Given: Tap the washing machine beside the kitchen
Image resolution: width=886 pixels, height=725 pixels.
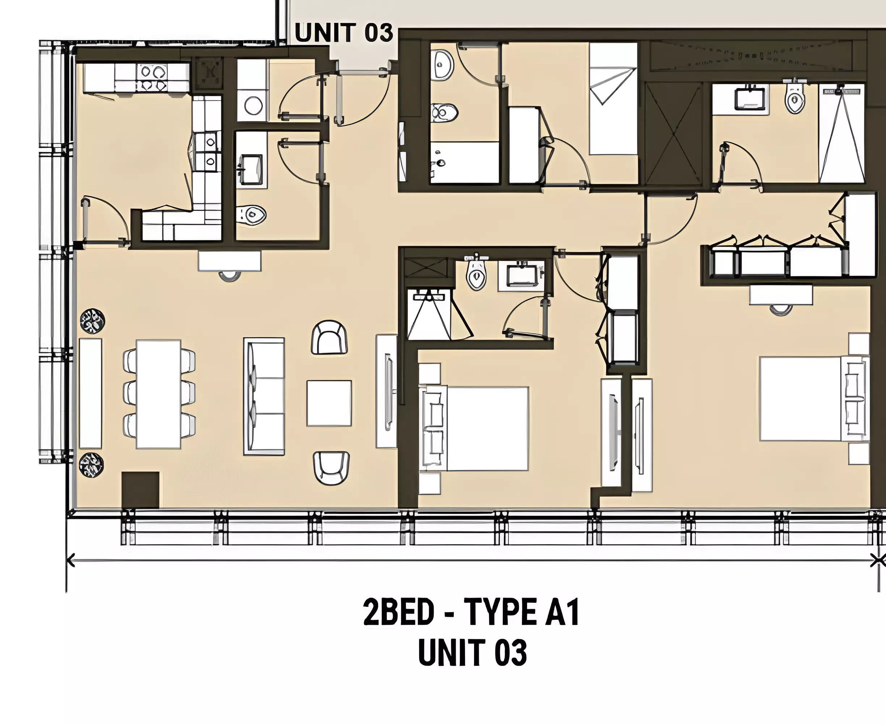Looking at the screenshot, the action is (x=253, y=105).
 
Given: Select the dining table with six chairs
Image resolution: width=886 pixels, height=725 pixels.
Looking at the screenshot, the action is (x=159, y=394).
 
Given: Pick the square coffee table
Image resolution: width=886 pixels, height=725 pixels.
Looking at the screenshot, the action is (x=329, y=403).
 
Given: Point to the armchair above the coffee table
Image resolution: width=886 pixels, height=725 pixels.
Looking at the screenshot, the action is (x=330, y=337).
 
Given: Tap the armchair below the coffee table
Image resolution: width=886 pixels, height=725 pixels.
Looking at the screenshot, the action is (x=331, y=468).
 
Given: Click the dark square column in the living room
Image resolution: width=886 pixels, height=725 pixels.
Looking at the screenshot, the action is (x=140, y=490).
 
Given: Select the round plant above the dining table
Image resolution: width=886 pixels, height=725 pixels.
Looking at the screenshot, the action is (x=92, y=321).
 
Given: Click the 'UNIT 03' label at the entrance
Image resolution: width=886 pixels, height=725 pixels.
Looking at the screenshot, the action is (x=344, y=33).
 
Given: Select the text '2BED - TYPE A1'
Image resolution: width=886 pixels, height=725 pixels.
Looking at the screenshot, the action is (x=472, y=612).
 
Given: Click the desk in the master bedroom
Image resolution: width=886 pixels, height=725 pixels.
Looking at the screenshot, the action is (x=781, y=295).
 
